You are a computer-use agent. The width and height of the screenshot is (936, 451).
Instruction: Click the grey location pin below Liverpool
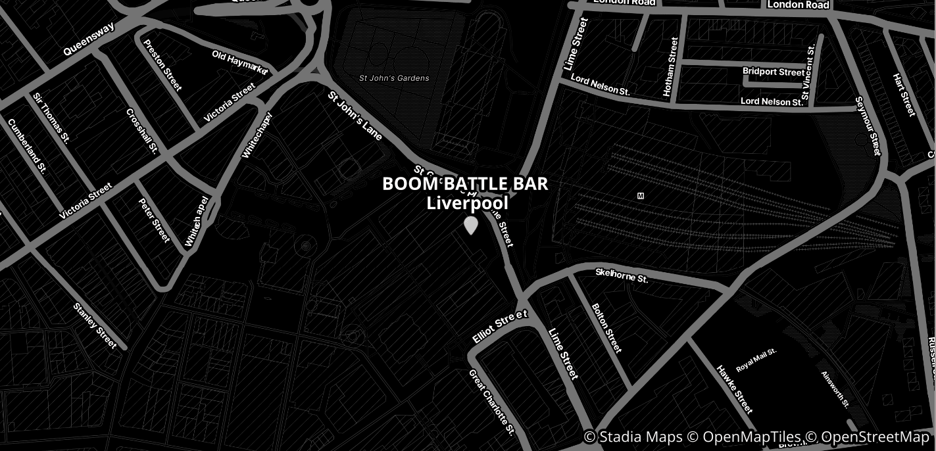pos(470,225)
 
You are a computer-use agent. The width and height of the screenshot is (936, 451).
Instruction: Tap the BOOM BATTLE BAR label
pos(465,184)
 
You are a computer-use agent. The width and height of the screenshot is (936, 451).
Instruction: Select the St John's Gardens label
pos(394,78)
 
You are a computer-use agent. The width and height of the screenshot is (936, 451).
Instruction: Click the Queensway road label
pos(89,39)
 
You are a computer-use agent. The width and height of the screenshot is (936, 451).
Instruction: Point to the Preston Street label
pos(162,65)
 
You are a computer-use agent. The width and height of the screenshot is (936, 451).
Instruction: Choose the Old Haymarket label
pos(240,62)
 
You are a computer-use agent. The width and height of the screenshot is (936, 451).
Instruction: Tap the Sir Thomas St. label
pos(51,117)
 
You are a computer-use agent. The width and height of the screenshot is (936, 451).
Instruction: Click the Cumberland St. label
pos(27,145)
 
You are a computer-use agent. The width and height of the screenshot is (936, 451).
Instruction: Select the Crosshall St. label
pos(141,131)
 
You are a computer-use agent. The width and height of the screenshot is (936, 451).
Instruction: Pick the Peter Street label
pos(155,220)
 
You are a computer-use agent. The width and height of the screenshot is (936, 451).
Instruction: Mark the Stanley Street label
pos(95,325)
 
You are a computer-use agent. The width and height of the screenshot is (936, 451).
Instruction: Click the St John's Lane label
pos(355,116)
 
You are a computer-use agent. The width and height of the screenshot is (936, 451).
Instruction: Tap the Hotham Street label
pos(671,67)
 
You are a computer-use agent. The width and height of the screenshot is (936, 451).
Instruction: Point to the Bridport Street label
pos(773,72)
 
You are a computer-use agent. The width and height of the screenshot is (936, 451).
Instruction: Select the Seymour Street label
pos(868,126)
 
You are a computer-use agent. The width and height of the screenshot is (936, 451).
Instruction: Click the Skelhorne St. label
pos(622,275)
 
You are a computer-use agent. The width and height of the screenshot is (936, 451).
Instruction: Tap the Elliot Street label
pos(500,327)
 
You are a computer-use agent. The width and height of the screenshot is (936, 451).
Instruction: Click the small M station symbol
pos(641,196)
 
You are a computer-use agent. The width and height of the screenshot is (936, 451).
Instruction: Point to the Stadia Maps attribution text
pos(631,437)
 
